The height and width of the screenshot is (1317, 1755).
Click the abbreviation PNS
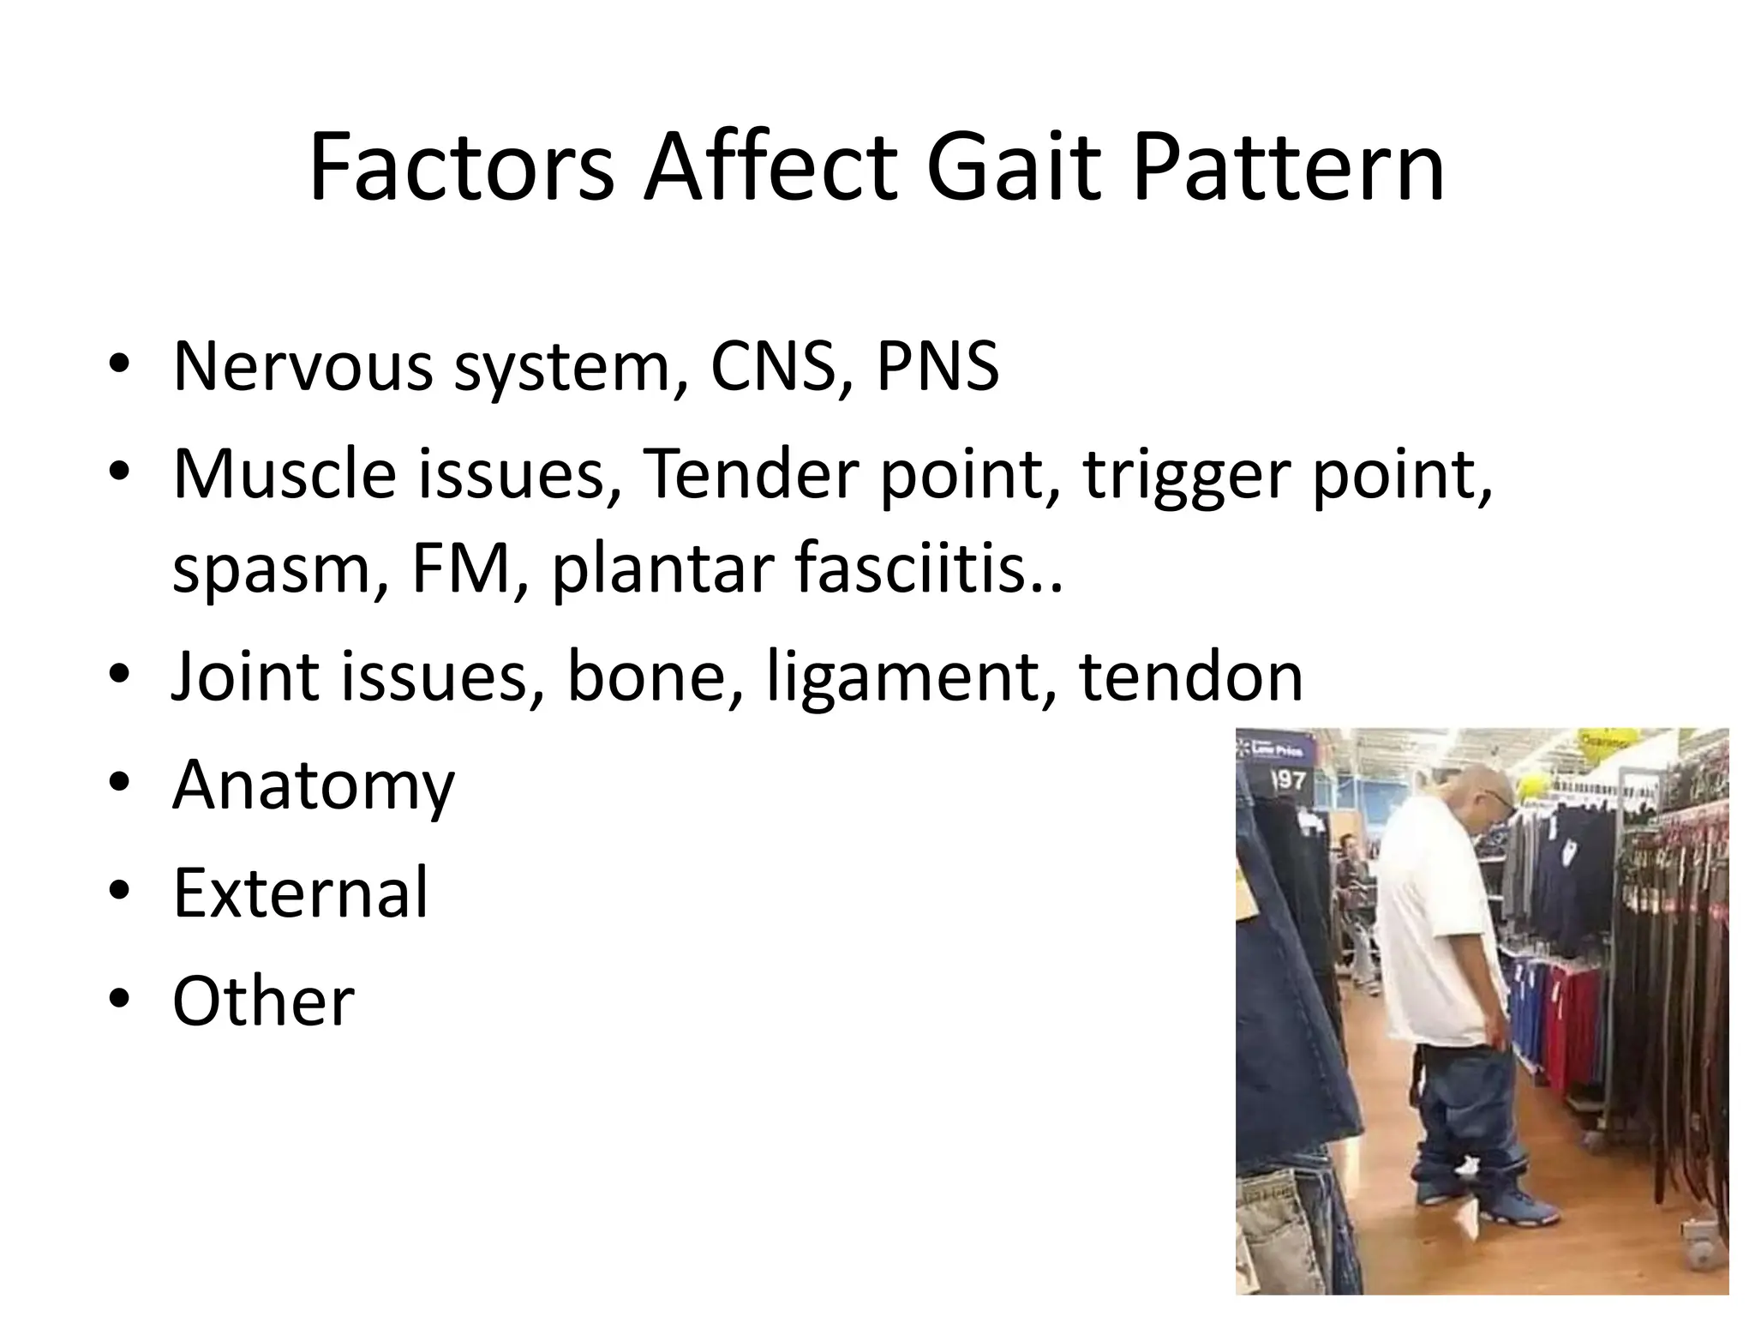click(937, 366)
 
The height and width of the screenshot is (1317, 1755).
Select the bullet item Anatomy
click(314, 785)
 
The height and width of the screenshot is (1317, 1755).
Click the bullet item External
click(300, 893)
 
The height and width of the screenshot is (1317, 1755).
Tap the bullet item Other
click(263, 1001)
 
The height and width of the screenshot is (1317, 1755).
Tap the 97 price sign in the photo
click(1287, 780)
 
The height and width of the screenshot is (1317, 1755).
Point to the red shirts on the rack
click(1572, 1029)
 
